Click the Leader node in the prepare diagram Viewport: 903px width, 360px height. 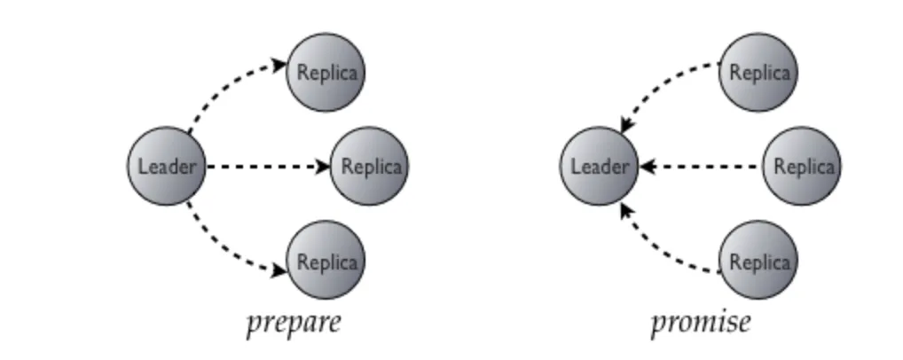[x=166, y=167]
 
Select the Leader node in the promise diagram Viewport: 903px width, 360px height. [x=599, y=167]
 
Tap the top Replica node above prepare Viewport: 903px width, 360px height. [x=326, y=72]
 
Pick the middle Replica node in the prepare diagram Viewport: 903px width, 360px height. [x=370, y=167]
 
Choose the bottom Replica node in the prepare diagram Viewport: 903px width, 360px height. [x=326, y=262]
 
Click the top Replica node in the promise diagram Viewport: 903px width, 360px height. [x=758, y=72]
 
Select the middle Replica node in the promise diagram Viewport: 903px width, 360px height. [x=803, y=167]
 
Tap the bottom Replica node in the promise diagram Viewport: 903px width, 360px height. [x=758, y=262]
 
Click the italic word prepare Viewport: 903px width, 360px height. [x=293, y=322]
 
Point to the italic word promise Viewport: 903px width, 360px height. [x=700, y=322]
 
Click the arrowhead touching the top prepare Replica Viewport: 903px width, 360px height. [x=279, y=64]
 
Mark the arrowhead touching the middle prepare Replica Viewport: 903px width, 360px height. [x=324, y=167]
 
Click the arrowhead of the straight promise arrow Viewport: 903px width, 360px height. [x=646, y=167]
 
